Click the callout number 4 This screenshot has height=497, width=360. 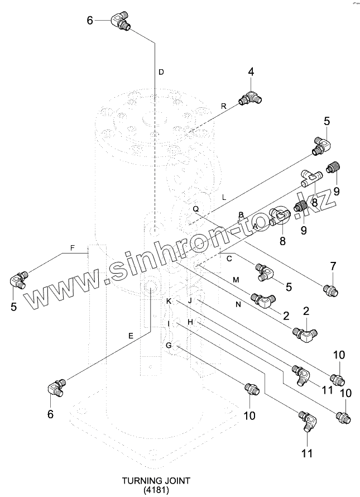(x=251, y=71)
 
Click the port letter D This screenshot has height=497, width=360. (x=161, y=72)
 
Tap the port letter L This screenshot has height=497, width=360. (x=223, y=197)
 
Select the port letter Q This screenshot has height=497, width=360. (x=195, y=209)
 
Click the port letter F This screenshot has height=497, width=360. (x=73, y=247)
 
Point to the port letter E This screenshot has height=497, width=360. (x=131, y=336)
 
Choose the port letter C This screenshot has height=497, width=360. (x=229, y=258)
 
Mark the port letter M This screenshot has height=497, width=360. (x=236, y=279)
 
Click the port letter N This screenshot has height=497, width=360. (x=238, y=304)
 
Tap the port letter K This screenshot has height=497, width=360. (x=169, y=301)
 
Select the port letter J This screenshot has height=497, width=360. (x=190, y=301)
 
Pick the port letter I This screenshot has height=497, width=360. (x=169, y=323)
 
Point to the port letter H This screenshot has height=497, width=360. (x=190, y=322)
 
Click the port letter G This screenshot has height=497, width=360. (x=169, y=346)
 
